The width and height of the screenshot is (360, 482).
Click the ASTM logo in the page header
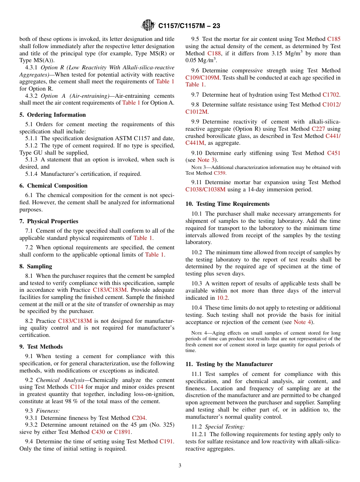(148, 25)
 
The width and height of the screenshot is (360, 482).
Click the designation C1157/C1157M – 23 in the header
(189, 26)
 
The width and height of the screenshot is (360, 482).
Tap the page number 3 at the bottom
(180, 466)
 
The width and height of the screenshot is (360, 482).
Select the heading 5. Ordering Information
(53, 115)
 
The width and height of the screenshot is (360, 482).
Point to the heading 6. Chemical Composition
(53, 186)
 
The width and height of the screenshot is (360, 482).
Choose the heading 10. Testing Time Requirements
(227, 204)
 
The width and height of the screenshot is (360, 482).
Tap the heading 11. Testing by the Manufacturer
(229, 364)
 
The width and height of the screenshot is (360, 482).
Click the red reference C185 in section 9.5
(333, 39)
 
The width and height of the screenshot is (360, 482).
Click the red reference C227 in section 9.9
(318, 129)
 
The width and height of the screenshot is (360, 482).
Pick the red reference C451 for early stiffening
(333, 153)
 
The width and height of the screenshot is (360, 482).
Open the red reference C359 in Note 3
(219, 173)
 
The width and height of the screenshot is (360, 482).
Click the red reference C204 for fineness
(138, 418)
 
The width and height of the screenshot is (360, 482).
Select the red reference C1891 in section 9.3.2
(123, 432)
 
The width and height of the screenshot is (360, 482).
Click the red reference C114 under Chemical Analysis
(77, 387)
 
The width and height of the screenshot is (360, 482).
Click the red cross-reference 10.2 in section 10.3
(222, 298)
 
